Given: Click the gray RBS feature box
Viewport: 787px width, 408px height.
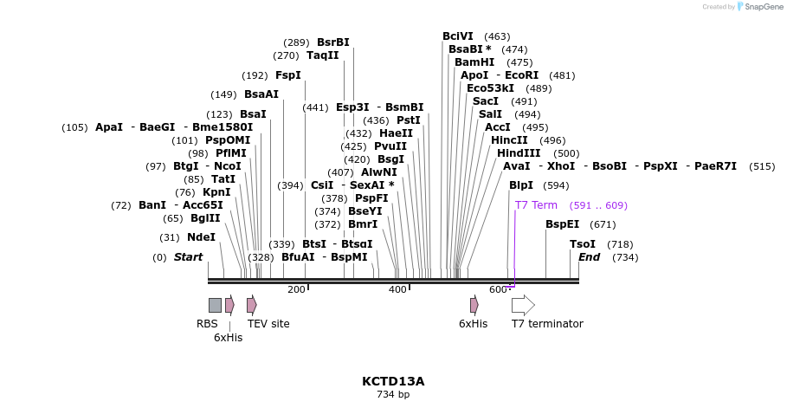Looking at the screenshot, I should click(215, 305).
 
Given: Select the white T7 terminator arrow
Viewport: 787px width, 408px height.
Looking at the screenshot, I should click(523, 305).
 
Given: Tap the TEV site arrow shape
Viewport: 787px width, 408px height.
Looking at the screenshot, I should click(251, 305).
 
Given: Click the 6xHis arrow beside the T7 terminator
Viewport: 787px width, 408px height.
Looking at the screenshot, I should click(474, 305).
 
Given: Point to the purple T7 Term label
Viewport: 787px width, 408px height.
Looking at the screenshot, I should click(536, 205).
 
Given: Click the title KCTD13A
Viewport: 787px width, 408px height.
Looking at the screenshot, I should click(393, 381).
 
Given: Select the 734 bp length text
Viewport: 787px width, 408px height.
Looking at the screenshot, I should click(393, 395).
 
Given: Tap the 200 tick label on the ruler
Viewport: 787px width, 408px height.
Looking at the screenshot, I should click(296, 289).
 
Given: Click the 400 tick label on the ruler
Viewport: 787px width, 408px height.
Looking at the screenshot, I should click(397, 289).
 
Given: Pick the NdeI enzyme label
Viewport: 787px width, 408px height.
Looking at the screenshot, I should click(201, 237).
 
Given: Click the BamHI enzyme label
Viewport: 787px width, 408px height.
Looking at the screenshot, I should click(474, 62).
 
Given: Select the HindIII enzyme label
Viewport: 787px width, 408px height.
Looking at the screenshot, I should click(519, 153).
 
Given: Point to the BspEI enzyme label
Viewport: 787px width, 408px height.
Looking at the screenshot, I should click(562, 224).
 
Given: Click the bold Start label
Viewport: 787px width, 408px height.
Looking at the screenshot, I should click(188, 257).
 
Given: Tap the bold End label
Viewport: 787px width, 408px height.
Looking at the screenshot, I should click(589, 257).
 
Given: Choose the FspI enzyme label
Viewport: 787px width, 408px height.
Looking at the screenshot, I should click(288, 75).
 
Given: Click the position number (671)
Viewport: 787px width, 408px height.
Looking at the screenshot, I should click(603, 224).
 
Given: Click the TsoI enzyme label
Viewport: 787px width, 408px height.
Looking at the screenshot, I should click(583, 244).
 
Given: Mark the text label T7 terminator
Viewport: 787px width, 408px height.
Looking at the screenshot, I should click(547, 324).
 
